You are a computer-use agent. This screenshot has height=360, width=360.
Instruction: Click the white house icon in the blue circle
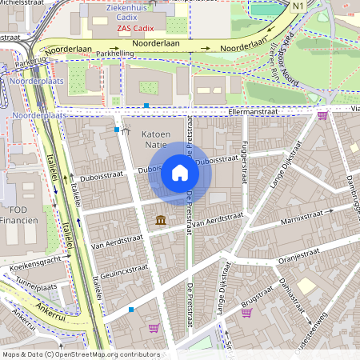(x=180, y=172)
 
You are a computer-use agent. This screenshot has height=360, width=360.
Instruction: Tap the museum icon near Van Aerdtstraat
(x=161, y=219)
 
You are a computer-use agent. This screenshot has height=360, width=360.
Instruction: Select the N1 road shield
(x=298, y=6)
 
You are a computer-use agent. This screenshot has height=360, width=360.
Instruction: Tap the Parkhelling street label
(x=115, y=54)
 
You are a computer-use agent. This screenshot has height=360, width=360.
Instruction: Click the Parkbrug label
(x=30, y=60)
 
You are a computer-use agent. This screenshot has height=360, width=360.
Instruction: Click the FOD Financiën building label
(x=20, y=215)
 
